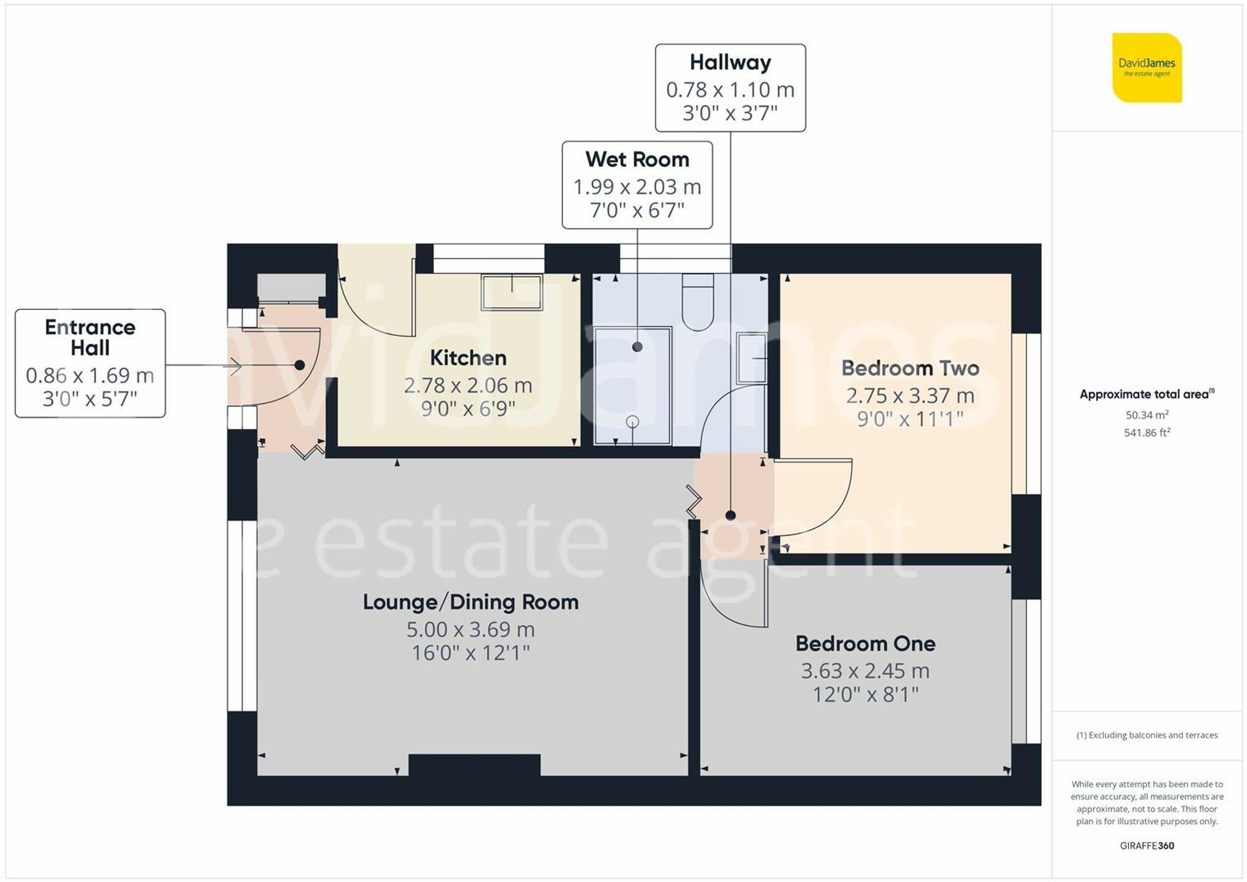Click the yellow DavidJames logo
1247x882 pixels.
[1147, 67]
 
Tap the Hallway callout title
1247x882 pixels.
[730, 62]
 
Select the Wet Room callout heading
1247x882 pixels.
[637, 160]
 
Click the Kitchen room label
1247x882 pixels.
[468, 358]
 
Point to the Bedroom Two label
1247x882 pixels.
[910, 368]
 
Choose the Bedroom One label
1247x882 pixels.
[865, 643]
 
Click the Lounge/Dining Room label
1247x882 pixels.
[471, 602]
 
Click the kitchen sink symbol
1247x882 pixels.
[511, 292]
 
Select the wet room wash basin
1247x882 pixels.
[751, 358]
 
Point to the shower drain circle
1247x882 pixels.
[632, 422]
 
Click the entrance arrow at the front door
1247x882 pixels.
[235, 366]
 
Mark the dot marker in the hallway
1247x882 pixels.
[730, 515]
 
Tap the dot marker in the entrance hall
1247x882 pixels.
[299, 365]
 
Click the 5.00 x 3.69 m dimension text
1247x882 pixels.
[471, 630]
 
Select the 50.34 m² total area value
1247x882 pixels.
[1147, 415]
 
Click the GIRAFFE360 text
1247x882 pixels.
[1147, 846]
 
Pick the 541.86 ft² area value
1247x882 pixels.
[1147, 433]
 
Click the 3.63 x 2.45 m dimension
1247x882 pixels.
[865, 671]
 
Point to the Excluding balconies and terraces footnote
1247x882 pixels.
[1147, 736]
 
